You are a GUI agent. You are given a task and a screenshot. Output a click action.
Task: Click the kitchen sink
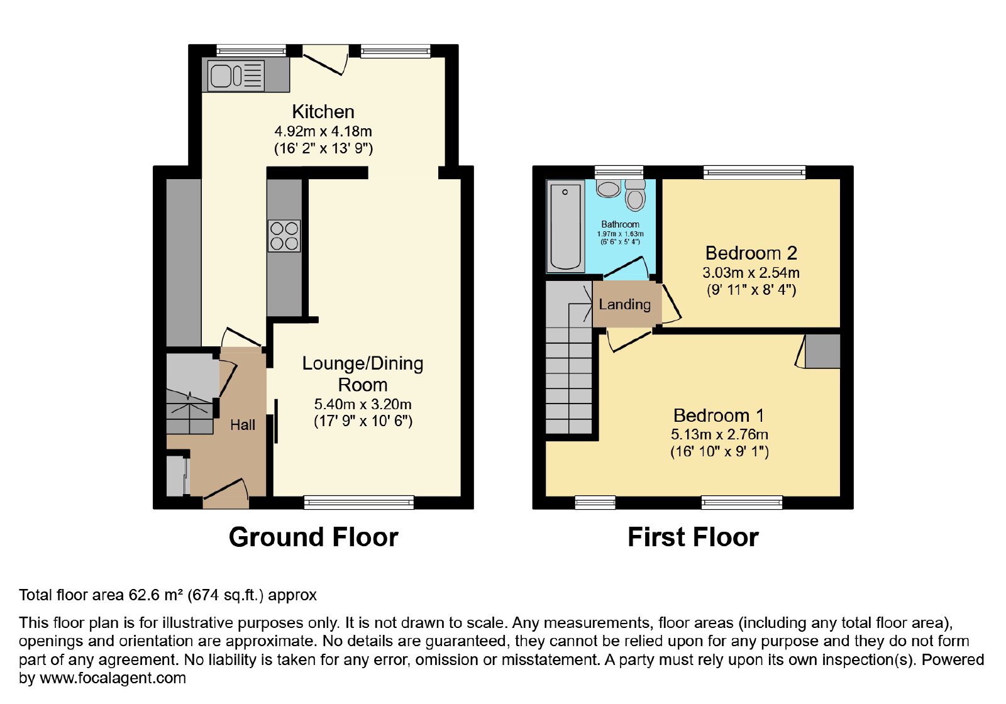click(236, 75)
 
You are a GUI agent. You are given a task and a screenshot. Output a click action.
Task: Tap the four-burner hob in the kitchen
click(284, 236)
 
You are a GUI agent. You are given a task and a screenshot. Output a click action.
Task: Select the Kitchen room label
click(323, 111)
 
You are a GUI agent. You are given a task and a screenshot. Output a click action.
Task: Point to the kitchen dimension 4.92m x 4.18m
click(323, 131)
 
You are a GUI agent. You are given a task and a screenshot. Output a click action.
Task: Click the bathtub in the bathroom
click(565, 227)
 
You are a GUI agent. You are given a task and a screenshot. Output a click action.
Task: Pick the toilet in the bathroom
click(635, 195)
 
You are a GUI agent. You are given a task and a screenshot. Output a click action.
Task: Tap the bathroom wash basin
click(609, 189)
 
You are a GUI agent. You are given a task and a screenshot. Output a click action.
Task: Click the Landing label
click(625, 304)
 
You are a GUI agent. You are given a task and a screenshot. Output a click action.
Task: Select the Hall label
click(243, 425)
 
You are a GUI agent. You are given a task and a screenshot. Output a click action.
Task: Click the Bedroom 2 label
click(751, 253)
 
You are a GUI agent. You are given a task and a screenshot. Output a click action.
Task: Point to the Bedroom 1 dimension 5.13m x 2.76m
click(719, 434)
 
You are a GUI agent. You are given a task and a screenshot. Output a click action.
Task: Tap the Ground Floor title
click(314, 537)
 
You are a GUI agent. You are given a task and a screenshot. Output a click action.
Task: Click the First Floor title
click(693, 537)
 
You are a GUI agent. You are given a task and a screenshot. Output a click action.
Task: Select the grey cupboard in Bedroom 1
click(822, 351)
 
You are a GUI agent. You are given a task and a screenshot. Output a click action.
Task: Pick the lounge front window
click(359, 502)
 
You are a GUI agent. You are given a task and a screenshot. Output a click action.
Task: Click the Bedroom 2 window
click(754, 172)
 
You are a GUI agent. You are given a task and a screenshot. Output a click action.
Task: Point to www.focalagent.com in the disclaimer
click(113, 678)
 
